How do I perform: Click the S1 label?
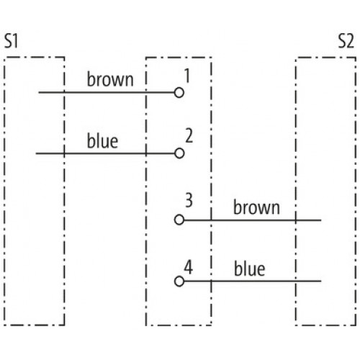tap(12, 41)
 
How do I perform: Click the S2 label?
tap(346, 41)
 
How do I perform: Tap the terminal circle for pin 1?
tap(179, 93)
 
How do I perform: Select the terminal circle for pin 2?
tap(179, 153)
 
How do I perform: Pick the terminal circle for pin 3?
tap(179, 220)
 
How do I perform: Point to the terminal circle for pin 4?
tap(179, 282)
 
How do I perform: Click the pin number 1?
tap(187, 76)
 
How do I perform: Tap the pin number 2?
tap(189, 136)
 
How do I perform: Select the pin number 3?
tap(189, 200)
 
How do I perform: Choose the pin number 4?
tap(189, 267)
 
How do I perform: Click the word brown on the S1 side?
tap(110, 79)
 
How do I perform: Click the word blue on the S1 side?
tap(102, 140)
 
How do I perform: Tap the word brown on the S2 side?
tap(256, 207)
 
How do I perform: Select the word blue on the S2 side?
tap(250, 269)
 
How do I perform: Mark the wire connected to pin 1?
tap(107, 92)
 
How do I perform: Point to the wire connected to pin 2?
tap(105, 153)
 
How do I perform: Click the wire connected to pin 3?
tap(253, 220)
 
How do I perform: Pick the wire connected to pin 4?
tap(253, 281)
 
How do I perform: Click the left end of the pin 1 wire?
tap(39, 92)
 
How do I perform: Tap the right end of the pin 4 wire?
tap(321, 281)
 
